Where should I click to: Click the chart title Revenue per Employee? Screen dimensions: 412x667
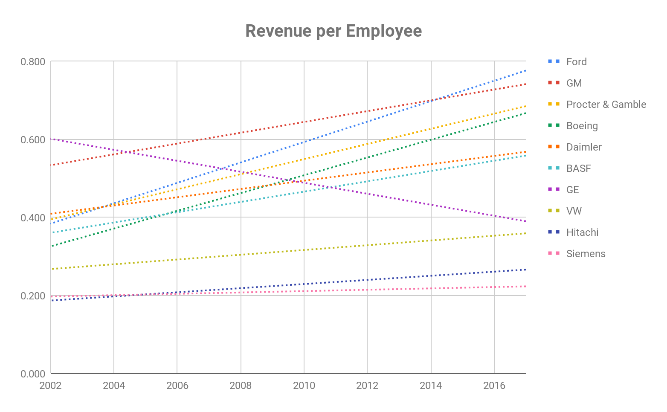pyautogui.click(x=333, y=31)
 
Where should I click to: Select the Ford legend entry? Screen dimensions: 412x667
pyautogui.click(x=576, y=62)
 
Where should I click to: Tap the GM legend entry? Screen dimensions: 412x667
pyautogui.click(x=574, y=83)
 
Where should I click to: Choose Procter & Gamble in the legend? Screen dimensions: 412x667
pyautogui.click(x=606, y=104)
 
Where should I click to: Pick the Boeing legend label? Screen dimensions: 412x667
pyautogui.click(x=582, y=126)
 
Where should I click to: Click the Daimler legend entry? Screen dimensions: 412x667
pyautogui.click(x=583, y=147)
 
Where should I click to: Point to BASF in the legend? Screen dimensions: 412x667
pyautogui.click(x=578, y=168)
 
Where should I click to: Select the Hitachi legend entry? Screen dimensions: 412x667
pyautogui.click(x=582, y=232)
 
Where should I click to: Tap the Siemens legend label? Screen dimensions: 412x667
pyautogui.click(x=586, y=254)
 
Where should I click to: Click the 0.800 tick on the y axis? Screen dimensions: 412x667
pyautogui.click(x=33, y=62)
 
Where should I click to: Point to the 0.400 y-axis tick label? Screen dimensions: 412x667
pyautogui.click(x=33, y=218)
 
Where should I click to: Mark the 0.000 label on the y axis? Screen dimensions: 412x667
pyautogui.click(x=33, y=374)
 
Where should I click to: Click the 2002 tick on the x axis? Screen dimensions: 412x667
pyautogui.click(x=50, y=386)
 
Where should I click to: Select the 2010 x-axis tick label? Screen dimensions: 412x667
pyautogui.click(x=304, y=386)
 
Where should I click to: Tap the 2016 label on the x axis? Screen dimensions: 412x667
pyautogui.click(x=494, y=386)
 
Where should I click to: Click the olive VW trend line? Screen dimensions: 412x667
pyautogui.click(x=304, y=250)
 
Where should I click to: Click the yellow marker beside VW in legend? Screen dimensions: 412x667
pyautogui.click(x=554, y=211)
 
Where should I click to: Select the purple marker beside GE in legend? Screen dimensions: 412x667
pyautogui.click(x=554, y=190)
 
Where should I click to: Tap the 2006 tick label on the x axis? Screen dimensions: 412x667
pyautogui.click(x=177, y=386)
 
